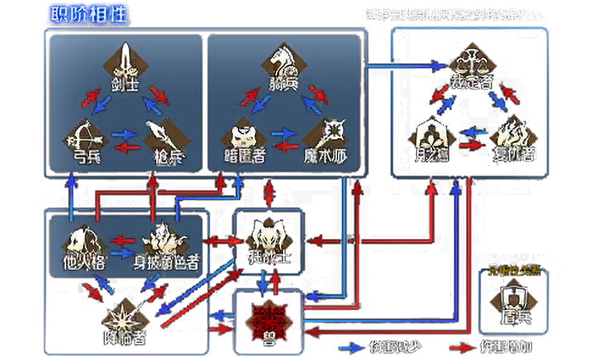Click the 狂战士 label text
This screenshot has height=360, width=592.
click(x=269, y=257)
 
